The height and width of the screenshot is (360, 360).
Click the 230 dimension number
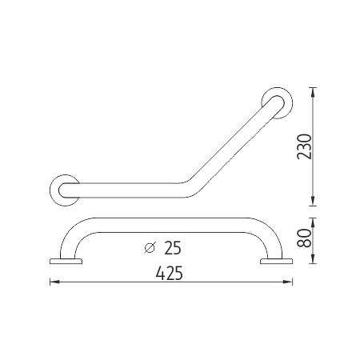pyautogui.click(x=304, y=146)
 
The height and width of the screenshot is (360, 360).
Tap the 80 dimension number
pyautogui.click(x=304, y=238)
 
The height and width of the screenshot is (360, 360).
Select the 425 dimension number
pyautogui.click(x=170, y=274)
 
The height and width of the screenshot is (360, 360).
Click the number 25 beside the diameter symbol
pyautogui.click(x=173, y=248)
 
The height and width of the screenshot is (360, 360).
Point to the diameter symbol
pyautogui.click(x=150, y=248)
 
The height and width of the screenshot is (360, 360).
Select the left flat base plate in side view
pyautogui.click(x=66, y=262)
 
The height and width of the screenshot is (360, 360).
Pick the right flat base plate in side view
pyautogui.click(x=276, y=262)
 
